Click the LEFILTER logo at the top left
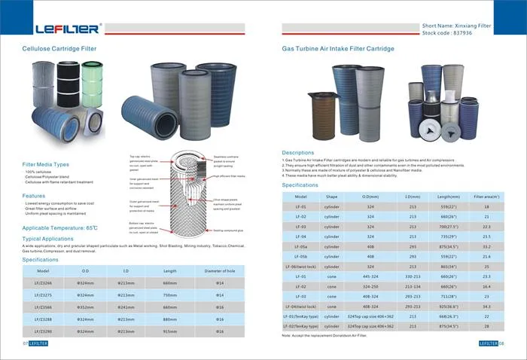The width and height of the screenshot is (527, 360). point(67,29)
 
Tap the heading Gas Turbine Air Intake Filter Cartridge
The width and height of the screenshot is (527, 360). point(338,47)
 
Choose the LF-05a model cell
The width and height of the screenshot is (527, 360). point(300,246)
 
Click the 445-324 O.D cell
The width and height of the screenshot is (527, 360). point(370,276)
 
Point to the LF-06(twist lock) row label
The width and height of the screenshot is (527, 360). point(301,267)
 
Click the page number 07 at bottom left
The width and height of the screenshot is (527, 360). point(25,343)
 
